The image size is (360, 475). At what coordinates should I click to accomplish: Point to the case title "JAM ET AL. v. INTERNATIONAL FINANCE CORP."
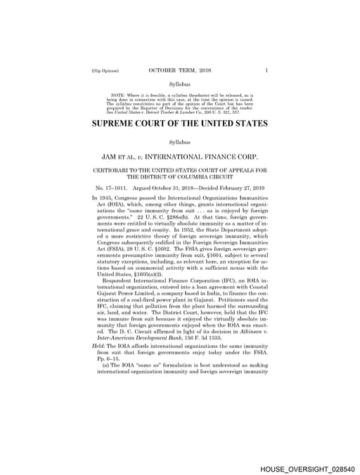[180, 157]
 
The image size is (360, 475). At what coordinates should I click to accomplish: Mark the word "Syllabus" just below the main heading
[180, 143]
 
